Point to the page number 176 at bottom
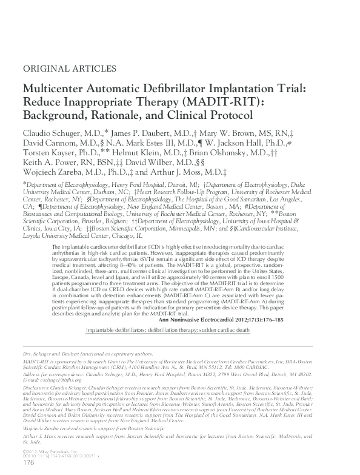pyautogui.click(x=28, y=463)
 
